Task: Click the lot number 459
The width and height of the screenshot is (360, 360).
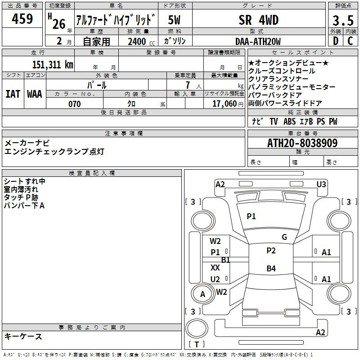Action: [x=22, y=18]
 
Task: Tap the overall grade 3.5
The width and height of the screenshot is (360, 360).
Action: [x=343, y=20]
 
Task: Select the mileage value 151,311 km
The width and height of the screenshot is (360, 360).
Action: [x=53, y=64]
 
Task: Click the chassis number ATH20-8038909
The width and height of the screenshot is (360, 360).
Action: [x=302, y=143]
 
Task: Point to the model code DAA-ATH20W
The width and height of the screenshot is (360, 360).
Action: [x=258, y=41]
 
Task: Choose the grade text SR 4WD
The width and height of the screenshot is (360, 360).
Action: [x=258, y=20]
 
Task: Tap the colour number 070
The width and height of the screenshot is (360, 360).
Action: [x=75, y=104]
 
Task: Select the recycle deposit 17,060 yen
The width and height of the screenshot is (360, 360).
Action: [x=228, y=104]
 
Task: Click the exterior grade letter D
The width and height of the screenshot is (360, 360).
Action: [x=336, y=41]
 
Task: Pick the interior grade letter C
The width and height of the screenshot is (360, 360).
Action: [x=350, y=41]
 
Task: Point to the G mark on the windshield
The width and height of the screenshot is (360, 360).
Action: [x=284, y=237]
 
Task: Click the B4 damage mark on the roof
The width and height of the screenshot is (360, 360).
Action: [x=271, y=268]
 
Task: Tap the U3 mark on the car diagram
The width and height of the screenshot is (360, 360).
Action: [x=321, y=184]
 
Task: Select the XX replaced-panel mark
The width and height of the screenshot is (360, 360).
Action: [x=215, y=267]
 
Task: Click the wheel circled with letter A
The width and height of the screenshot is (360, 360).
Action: [x=202, y=294]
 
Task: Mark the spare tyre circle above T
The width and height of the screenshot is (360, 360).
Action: [x=197, y=328]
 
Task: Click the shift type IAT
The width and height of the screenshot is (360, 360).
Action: [x=13, y=94]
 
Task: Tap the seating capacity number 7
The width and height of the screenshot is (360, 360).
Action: [x=188, y=85]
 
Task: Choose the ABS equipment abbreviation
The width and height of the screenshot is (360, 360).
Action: [x=289, y=121]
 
